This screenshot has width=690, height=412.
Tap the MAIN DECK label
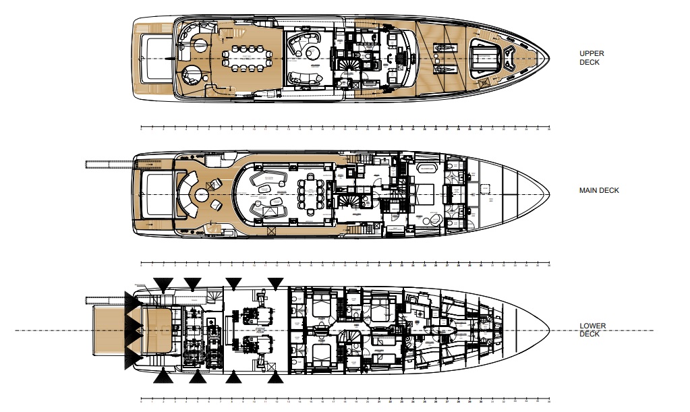click(x=598, y=191)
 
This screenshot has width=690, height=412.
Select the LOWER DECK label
click(x=592, y=330)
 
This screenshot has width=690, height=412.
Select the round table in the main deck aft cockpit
click(x=201, y=195)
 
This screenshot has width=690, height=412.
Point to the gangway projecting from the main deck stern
click(x=109, y=163)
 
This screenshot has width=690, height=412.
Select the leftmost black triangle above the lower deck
click(x=161, y=283)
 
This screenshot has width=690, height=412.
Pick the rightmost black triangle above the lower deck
click(x=275, y=283)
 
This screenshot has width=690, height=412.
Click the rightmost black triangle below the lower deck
click(x=275, y=377)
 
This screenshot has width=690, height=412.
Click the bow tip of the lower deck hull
click(x=550, y=330)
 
